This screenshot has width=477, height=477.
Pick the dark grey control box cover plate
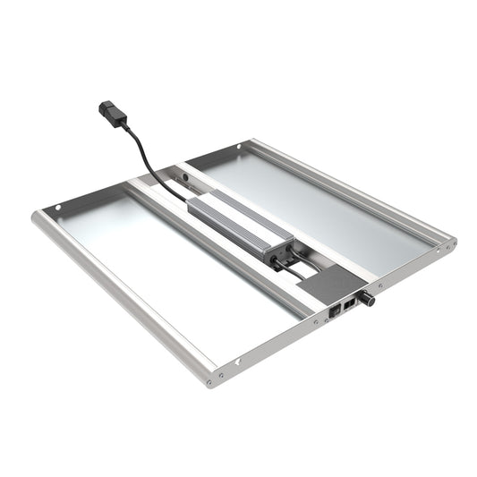coord(332,286)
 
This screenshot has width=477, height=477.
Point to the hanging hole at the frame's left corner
coord(59,209)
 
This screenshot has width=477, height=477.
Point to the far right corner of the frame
coord(447,243)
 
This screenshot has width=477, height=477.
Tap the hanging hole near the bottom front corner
coord(238,362)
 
